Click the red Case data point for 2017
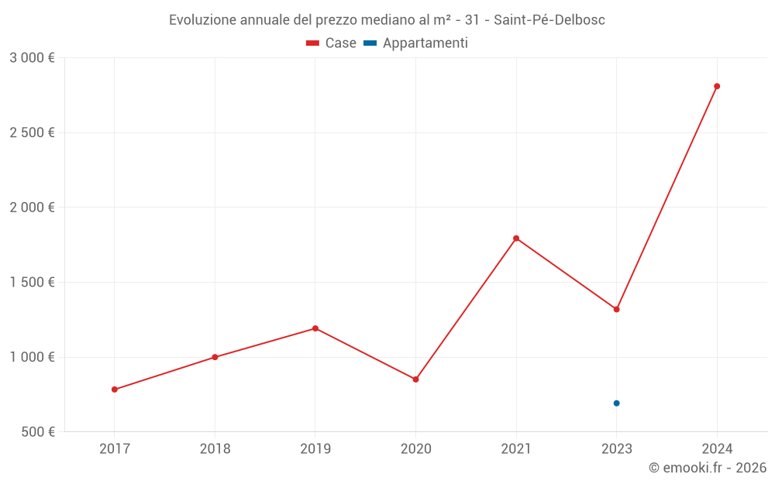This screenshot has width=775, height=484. tap(115, 390)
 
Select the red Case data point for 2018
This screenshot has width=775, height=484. tap(215, 357)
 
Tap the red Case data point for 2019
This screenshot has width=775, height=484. tap(315, 328)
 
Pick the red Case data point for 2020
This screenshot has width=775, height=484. tap(415, 379)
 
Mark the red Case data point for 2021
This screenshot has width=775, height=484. tap(516, 239)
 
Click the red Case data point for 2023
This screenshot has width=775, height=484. tap(616, 309)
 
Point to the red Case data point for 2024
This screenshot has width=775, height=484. tap(717, 86)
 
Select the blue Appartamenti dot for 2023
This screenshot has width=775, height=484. tap(616, 403)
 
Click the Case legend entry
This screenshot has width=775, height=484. tap(331, 43)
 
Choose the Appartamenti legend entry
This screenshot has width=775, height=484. tap(416, 43)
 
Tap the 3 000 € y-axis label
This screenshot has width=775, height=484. tap(32, 58)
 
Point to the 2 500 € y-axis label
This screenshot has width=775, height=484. tap(32, 132)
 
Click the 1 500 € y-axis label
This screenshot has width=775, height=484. tap(32, 283)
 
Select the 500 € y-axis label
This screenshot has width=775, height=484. tap(36, 432)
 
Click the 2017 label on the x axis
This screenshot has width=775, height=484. tap(115, 448)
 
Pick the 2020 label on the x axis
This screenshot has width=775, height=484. tap(415, 448)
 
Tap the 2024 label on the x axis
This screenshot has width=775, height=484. tap(717, 448)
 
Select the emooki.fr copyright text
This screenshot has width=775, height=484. tap(708, 468)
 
